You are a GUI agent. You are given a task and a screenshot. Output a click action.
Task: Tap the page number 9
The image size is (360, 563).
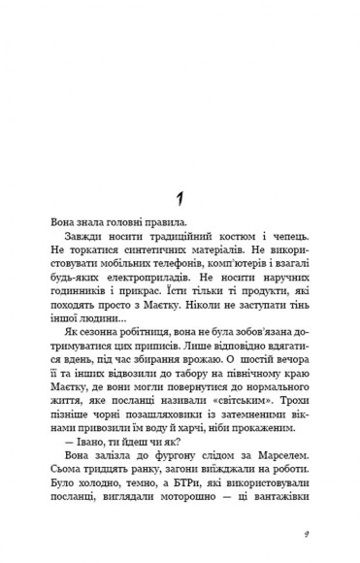point(306,533)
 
